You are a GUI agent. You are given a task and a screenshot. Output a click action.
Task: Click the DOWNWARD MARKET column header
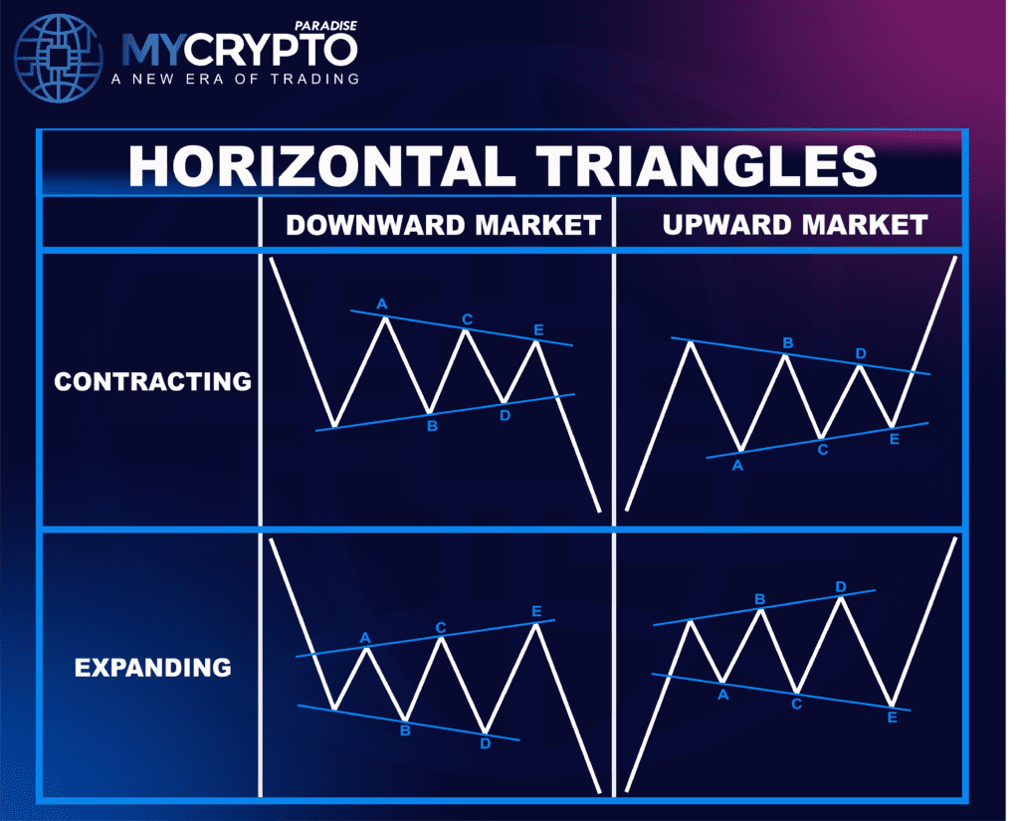(x=443, y=225)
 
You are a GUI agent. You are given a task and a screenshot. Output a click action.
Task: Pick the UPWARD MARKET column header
(x=795, y=225)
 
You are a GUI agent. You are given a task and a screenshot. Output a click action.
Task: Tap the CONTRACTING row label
(x=152, y=381)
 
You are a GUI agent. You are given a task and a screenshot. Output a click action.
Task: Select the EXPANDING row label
(x=152, y=667)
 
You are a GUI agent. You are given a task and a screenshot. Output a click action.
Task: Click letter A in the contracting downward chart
(x=381, y=303)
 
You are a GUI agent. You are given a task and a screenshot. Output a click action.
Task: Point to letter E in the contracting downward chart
(x=538, y=329)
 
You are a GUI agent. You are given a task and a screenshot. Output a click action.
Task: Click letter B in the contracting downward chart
(x=432, y=427)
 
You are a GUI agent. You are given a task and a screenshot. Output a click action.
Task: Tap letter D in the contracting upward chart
(x=861, y=353)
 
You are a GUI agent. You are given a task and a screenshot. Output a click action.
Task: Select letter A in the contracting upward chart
(x=737, y=465)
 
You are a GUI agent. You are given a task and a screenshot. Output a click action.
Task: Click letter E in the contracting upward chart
(x=894, y=438)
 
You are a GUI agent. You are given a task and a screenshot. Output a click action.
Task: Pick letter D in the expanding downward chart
(x=485, y=742)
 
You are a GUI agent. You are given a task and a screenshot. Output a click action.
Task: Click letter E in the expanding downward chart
(x=536, y=611)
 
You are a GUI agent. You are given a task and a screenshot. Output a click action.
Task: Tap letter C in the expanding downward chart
(x=441, y=627)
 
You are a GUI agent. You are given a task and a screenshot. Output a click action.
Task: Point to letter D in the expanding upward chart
(x=841, y=587)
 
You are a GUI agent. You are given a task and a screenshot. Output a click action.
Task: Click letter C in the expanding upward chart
(x=796, y=705)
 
